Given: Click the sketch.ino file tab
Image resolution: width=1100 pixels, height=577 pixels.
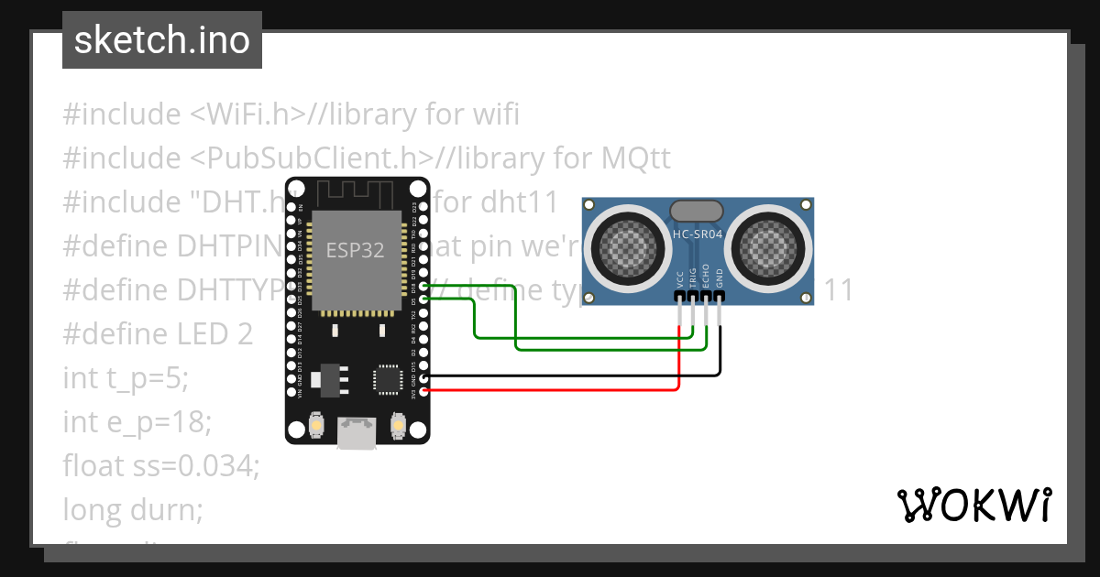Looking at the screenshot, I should click(x=162, y=40).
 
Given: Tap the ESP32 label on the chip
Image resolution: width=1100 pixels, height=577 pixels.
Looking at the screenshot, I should click(x=355, y=250).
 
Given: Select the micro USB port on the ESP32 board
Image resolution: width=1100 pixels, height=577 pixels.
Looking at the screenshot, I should click(x=357, y=433).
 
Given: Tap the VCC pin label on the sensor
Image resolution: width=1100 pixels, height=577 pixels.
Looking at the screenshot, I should click(x=679, y=279).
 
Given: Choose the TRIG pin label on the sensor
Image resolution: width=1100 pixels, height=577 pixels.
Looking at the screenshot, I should click(x=693, y=279).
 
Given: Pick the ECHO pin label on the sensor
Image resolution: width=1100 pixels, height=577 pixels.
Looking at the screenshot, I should click(x=707, y=279).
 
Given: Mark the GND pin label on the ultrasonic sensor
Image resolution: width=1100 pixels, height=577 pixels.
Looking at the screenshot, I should click(x=720, y=279).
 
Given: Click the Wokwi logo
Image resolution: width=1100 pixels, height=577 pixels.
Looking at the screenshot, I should click(x=973, y=505).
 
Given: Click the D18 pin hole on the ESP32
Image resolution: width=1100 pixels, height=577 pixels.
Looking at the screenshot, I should click(x=424, y=285).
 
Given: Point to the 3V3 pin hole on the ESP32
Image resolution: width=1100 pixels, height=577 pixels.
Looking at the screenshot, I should click(x=424, y=391).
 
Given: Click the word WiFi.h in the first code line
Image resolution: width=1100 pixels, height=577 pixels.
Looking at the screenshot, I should click(x=248, y=114).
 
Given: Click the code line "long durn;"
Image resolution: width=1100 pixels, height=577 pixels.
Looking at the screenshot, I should click(x=132, y=509).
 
